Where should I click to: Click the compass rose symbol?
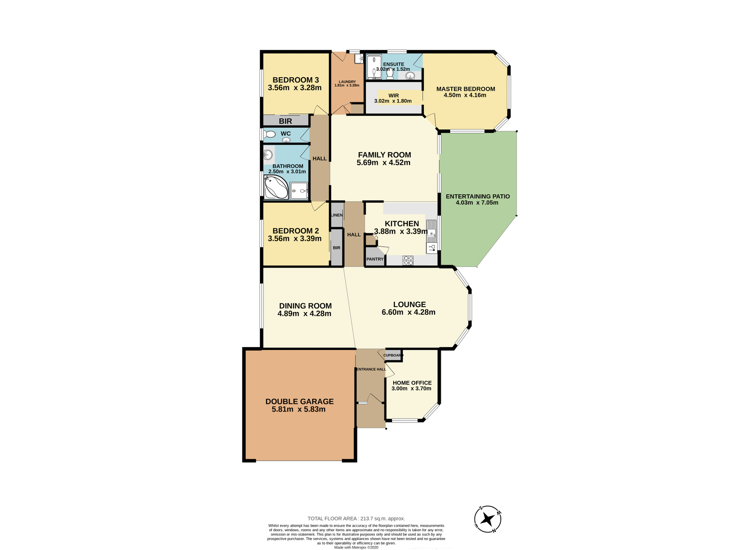488,519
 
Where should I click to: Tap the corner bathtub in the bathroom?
276,188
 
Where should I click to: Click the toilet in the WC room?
270,134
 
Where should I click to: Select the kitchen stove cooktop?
408,260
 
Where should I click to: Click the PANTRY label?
375,259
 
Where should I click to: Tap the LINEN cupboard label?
336,215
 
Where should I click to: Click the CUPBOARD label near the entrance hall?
393,355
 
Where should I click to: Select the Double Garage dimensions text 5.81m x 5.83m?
299,409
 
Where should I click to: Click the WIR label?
394,95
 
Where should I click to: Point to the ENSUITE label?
394,64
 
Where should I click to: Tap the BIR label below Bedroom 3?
285,121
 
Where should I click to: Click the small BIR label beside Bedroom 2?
336,248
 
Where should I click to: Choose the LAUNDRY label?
347,82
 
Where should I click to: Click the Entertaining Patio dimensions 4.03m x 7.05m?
477,203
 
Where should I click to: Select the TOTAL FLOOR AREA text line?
356,518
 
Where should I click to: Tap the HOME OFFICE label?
412,383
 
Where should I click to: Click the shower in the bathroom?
299,191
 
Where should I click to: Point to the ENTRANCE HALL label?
371,369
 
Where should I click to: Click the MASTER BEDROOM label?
465,89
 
